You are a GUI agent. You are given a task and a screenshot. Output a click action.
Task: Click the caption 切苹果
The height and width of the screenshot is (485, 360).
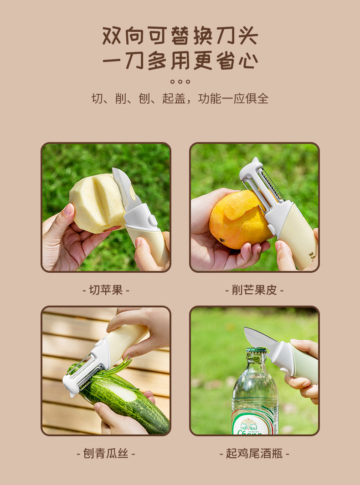[106, 290]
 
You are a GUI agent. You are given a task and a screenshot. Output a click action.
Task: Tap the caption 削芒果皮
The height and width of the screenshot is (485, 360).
[254, 290]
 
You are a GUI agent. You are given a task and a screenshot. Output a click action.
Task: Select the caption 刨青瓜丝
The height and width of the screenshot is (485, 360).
[106, 453]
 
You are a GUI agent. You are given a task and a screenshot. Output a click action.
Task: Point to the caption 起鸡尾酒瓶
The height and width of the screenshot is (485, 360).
[254, 453]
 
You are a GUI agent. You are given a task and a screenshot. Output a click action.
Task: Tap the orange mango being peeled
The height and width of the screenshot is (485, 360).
[237, 221]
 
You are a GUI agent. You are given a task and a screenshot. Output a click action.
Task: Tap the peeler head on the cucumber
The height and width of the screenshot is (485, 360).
[82, 371]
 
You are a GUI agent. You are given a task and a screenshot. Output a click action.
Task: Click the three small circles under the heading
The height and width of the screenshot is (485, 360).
[180, 82]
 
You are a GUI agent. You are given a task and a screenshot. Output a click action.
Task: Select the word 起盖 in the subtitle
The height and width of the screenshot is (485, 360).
[174, 98]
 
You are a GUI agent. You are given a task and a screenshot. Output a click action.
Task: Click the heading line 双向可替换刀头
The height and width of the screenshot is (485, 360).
[180, 36]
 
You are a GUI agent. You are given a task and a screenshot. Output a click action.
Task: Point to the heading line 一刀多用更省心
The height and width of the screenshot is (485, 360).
[180, 61]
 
